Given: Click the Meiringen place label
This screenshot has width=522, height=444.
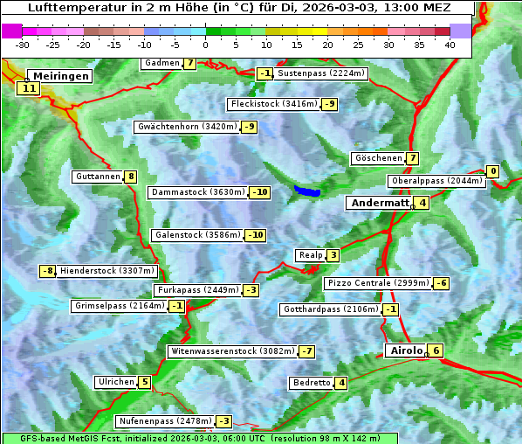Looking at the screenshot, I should (x=59, y=76).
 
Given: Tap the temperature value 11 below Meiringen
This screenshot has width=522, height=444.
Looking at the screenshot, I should (x=29, y=87).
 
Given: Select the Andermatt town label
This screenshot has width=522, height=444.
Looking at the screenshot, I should (x=379, y=203).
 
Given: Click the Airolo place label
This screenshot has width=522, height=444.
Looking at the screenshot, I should (x=406, y=350).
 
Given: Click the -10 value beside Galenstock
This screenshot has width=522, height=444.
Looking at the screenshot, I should (x=255, y=235).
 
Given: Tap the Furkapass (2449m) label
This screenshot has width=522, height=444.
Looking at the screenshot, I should (x=196, y=289).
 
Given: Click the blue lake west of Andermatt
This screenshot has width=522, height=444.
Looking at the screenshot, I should (x=307, y=191).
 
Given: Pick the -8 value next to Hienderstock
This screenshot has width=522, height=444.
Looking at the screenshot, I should (x=48, y=271).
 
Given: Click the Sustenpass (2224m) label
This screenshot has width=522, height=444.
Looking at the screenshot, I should (x=321, y=73).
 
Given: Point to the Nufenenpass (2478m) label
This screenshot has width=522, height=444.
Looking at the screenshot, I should (x=165, y=420).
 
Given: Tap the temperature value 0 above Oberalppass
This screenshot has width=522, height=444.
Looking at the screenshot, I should (x=492, y=171).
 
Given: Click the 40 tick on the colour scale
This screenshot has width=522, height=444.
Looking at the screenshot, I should (x=450, y=44).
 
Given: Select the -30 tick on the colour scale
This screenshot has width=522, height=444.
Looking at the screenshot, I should (x=24, y=44).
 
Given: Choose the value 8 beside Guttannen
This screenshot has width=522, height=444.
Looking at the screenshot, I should (x=131, y=177).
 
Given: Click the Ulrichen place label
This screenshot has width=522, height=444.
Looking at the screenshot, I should (x=116, y=382).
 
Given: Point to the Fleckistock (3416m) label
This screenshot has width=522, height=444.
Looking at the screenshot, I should (x=272, y=104).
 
